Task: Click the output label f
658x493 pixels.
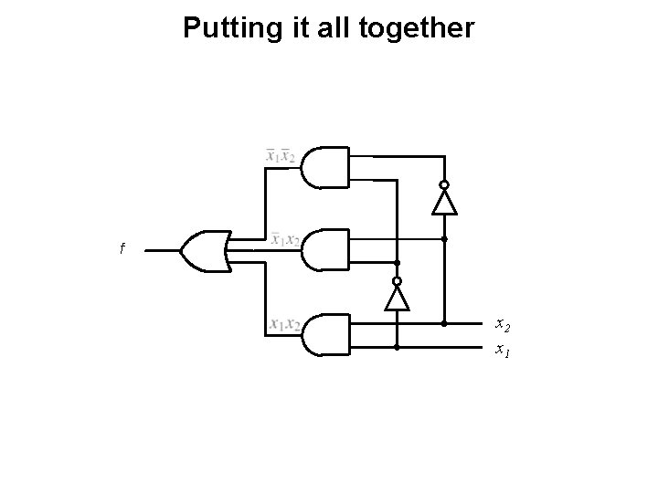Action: pyautogui.click(x=122, y=248)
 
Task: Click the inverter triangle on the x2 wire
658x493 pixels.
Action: pyautogui.click(x=444, y=202)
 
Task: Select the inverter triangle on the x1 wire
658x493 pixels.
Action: pyautogui.click(x=398, y=297)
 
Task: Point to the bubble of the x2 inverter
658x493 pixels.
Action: pyautogui.click(x=444, y=184)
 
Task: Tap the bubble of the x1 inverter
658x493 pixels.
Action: pyautogui.click(x=398, y=280)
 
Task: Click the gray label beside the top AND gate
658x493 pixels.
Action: pyautogui.click(x=280, y=156)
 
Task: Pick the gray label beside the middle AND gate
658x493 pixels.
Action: pyautogui.click(x=285, y=240)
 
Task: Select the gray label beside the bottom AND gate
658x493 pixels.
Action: pyautogui.click(x=285, y=324)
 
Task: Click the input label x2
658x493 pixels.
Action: pyautogui.click(x=503, y=324)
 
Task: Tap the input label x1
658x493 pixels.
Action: pyautogui.click(x=503, y=349)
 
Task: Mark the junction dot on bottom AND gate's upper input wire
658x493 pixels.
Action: pyautogui.click(x=444, y=323)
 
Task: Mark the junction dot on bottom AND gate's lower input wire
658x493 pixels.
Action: pyautogui.click(x=398, y=348)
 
